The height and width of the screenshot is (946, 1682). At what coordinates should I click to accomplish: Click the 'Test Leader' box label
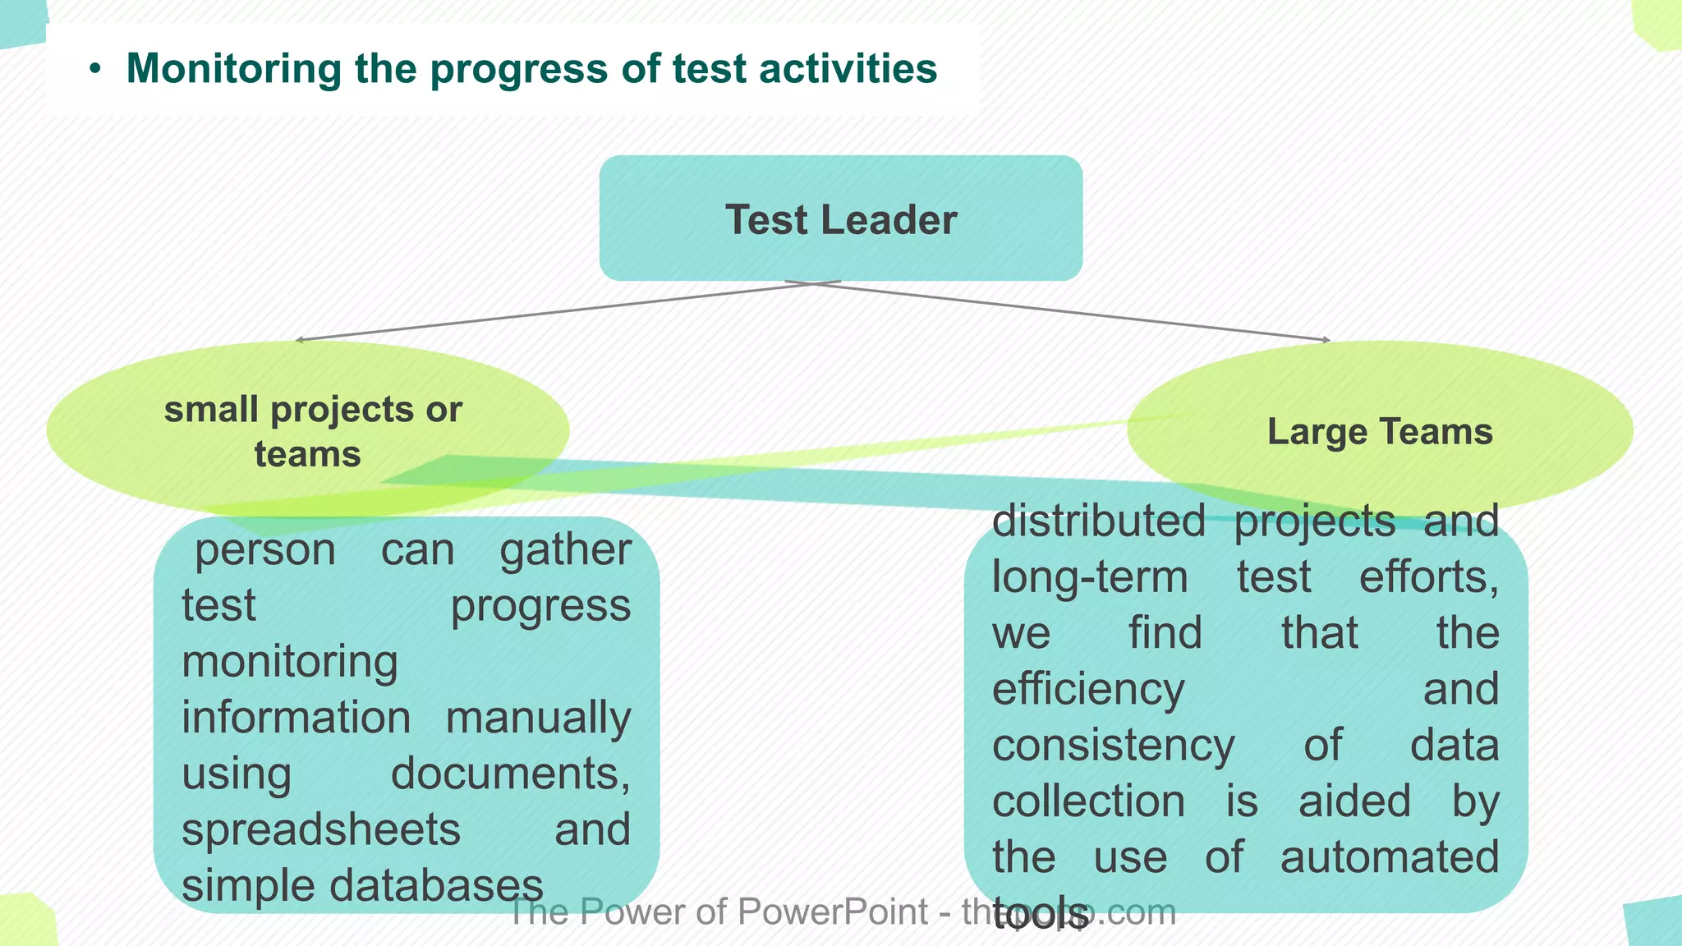[841, 220]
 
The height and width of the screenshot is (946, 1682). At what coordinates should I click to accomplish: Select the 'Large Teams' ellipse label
[1380, 432]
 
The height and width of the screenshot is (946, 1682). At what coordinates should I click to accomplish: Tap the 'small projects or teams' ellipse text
[312, 431]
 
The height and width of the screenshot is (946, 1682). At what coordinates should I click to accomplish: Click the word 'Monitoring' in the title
[233, 68]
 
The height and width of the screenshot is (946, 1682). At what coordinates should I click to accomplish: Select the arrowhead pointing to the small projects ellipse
[299, 339]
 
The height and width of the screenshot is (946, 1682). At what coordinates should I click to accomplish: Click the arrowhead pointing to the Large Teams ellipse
[1326, 339]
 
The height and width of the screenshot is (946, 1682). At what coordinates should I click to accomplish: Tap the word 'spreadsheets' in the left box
[320, 829]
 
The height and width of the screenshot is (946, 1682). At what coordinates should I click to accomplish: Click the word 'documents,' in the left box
[510, 774]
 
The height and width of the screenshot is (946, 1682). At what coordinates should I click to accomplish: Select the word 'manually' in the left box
[538, 718]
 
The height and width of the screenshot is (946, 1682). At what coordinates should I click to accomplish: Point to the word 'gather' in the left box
[565, 550]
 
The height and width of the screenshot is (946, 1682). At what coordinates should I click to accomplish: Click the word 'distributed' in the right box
[1098, 521]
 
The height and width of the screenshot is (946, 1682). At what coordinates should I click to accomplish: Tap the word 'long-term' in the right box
[1089, 576]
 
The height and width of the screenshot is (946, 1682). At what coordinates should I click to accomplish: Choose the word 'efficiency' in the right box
[1088, 688]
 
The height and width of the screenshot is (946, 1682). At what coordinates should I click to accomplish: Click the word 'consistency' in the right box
[1113, 745]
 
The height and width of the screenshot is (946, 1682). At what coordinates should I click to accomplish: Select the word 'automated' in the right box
[1389, 856]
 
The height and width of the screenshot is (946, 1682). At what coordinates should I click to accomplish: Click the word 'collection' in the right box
[1088, 801]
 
